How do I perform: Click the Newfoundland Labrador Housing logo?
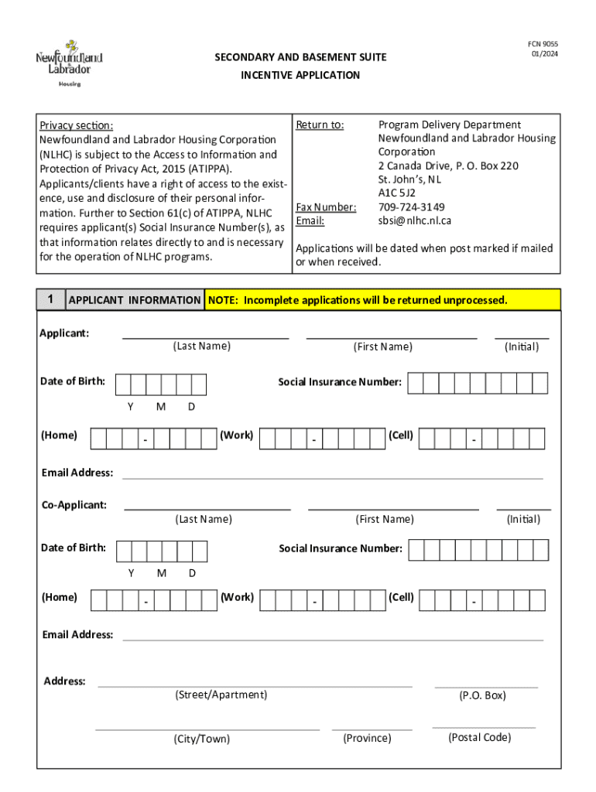tap(69, 63)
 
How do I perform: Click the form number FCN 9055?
tap(544, 44)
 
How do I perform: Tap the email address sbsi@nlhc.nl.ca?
tap(414, 220)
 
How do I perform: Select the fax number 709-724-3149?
tap(411, 207)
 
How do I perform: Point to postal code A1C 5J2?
tap(396, 193)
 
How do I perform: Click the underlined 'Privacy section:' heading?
tap(77, 125)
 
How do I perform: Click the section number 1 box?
tap(50, 299)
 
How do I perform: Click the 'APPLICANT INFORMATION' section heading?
tap(135, 300)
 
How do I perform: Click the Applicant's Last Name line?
tap(205, 337)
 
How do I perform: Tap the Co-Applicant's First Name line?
tap(393, 508)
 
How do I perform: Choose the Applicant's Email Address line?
tap(333, 478)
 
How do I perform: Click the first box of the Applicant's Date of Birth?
tap(122, 384)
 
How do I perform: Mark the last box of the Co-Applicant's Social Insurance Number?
tap(540, 550)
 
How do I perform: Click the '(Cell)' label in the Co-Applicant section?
tap(401, 597)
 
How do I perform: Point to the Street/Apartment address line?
tap(255, 685)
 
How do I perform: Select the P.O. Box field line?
tap(486, 686)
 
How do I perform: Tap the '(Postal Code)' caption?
tap(479, 737)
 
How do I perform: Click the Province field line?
tap(372, 729)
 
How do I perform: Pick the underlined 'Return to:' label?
tap(320, 125)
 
